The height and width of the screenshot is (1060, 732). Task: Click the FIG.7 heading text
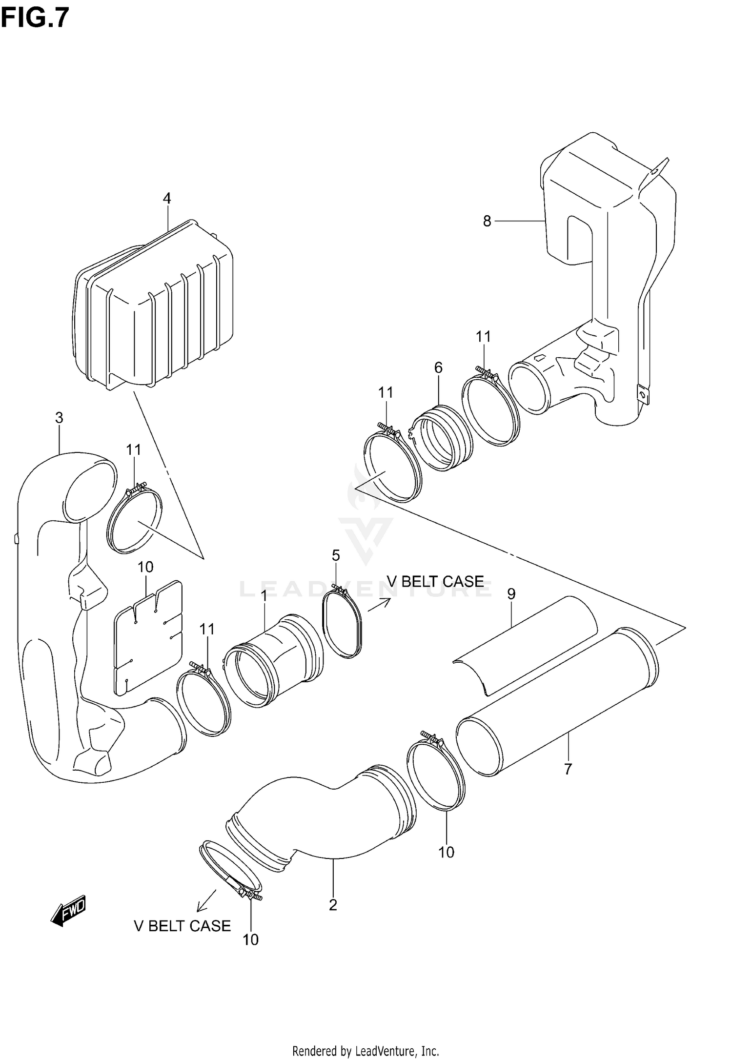[x=35, y=18]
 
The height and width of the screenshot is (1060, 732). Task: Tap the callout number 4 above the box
[x=167, y=198]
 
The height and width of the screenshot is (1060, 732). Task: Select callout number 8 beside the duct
[x=487, y=221]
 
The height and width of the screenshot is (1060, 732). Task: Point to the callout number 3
[x=59, y=418]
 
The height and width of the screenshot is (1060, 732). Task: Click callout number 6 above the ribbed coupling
[x=438, y=367]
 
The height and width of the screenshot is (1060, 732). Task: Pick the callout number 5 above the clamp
[x=336, y=555]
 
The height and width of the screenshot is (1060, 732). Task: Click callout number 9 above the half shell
[x=511, y=594]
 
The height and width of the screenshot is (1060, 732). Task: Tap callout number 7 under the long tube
[x=568, y=770]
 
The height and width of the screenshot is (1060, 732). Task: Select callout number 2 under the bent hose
[x=333, y=905]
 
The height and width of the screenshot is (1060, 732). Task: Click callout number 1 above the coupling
[x=264, y=596]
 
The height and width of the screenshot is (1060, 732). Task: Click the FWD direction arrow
[x=69, y=911]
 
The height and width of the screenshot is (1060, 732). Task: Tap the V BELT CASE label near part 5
[x=435, y=581]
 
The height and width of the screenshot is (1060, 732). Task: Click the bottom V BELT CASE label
[x=182, y=926]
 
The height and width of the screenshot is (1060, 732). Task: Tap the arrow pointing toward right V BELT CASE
[x=379, y=605]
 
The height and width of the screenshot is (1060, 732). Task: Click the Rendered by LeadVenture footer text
[x=366, y=1050]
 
